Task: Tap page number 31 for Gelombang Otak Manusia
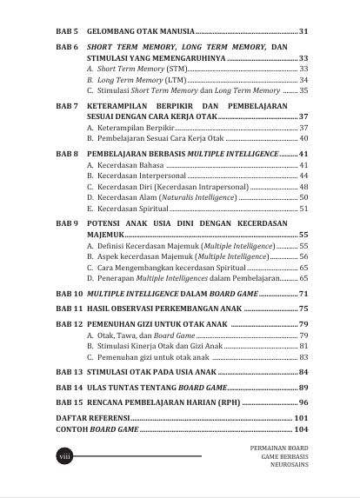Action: tap(303, 31)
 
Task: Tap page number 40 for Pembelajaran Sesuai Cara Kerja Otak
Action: tap(303, 138)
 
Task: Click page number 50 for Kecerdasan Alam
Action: tap(303, 197)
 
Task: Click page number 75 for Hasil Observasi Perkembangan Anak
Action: tap(303, 309)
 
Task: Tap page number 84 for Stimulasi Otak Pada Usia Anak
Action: tap(303, 372)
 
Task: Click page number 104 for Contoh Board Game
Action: tap(301, 429)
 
